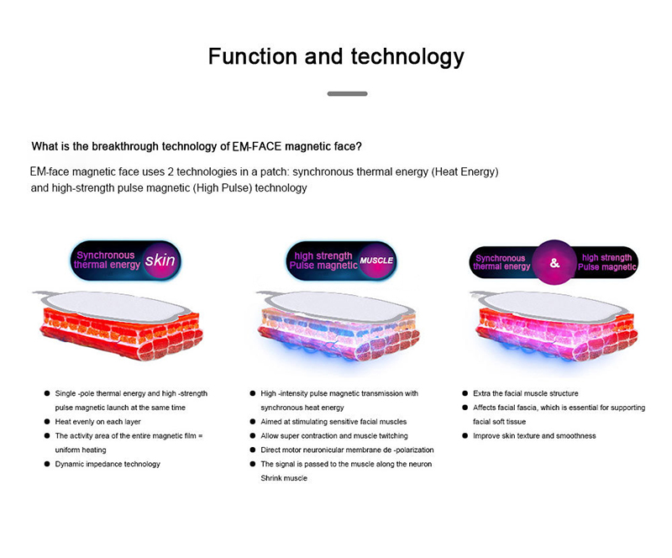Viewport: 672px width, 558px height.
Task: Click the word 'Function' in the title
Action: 253,56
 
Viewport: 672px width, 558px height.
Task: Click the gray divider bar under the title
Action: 347,93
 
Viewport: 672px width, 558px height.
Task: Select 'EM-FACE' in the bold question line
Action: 257,147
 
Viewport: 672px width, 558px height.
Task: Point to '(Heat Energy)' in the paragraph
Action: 465,172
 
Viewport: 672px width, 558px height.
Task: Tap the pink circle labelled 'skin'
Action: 160,260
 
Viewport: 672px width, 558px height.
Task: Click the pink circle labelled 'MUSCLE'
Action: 376,261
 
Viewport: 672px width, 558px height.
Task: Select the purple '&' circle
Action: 554,262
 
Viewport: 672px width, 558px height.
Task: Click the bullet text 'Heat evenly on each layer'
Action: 97,422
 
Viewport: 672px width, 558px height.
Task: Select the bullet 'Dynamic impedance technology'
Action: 108,464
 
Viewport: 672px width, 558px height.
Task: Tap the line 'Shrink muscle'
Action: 284,478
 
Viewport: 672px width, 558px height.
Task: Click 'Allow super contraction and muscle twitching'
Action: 334,436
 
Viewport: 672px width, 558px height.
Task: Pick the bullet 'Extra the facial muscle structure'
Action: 526,393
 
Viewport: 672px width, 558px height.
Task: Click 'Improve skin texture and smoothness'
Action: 534,436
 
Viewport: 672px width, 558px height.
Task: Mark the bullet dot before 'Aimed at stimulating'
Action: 253,422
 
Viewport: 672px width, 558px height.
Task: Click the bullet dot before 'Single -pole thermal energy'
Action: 47,393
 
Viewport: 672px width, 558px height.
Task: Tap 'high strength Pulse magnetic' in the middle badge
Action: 323,261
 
